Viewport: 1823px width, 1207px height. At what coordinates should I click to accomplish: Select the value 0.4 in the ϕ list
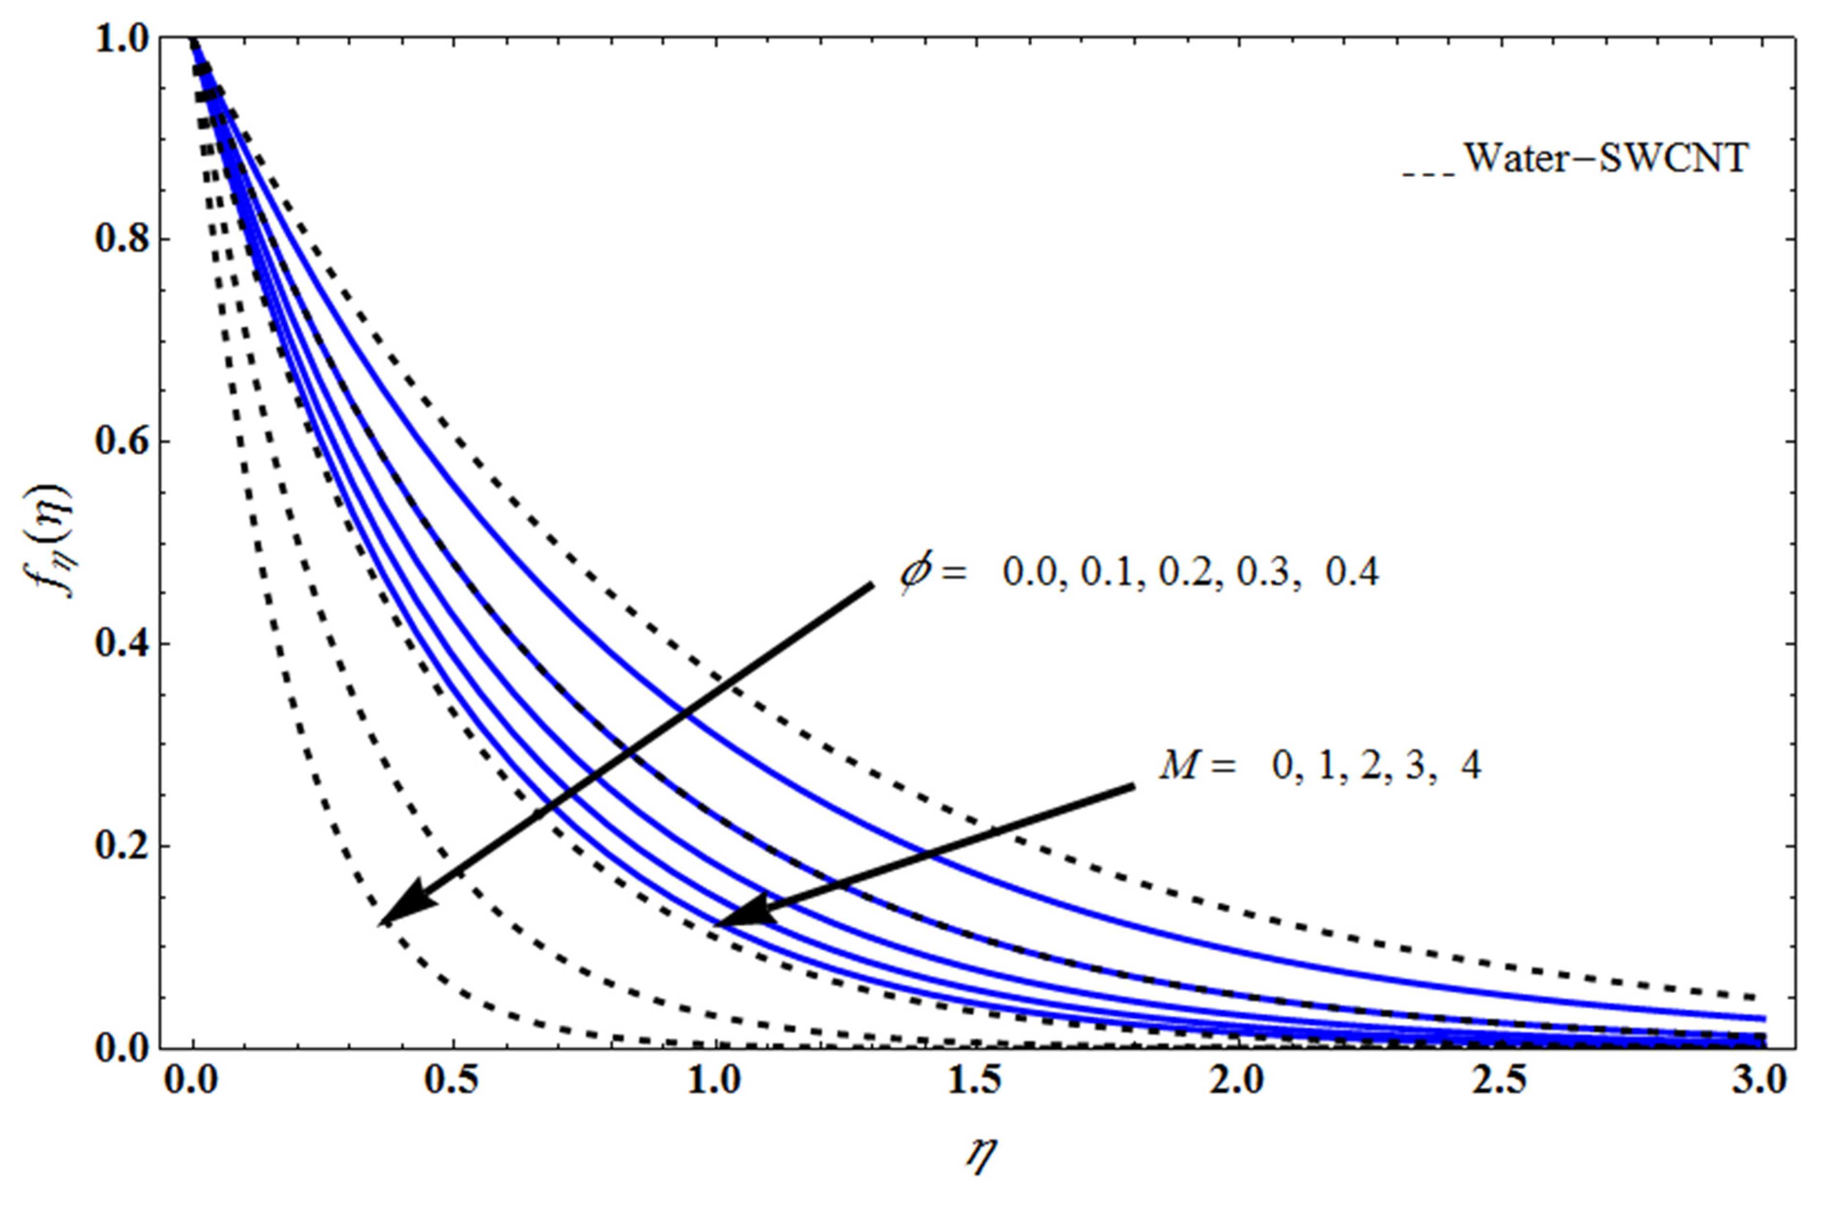pos(1352,573)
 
